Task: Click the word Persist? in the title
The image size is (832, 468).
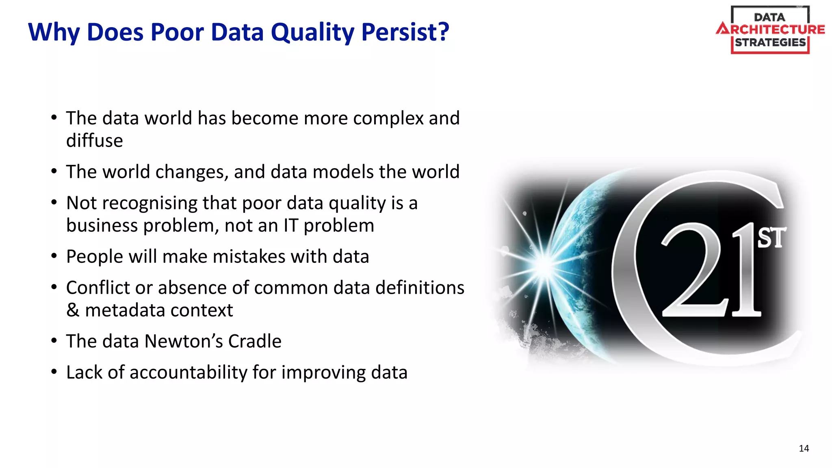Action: tap(405, 32)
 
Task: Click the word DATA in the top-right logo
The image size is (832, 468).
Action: tap(769, 17)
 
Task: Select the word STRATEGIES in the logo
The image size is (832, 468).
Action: tap(770, 43)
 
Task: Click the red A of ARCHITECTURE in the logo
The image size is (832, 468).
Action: tap(723, 29)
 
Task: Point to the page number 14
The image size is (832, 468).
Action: tap(804, 448)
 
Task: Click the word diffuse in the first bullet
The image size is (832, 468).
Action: tap(94, 141)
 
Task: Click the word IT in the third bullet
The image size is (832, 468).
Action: tap(291, 225)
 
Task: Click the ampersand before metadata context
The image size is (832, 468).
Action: tap(73, 310)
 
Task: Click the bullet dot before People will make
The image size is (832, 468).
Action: tap(54, 256)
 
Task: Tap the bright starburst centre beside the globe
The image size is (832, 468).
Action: tap(543, 265)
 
